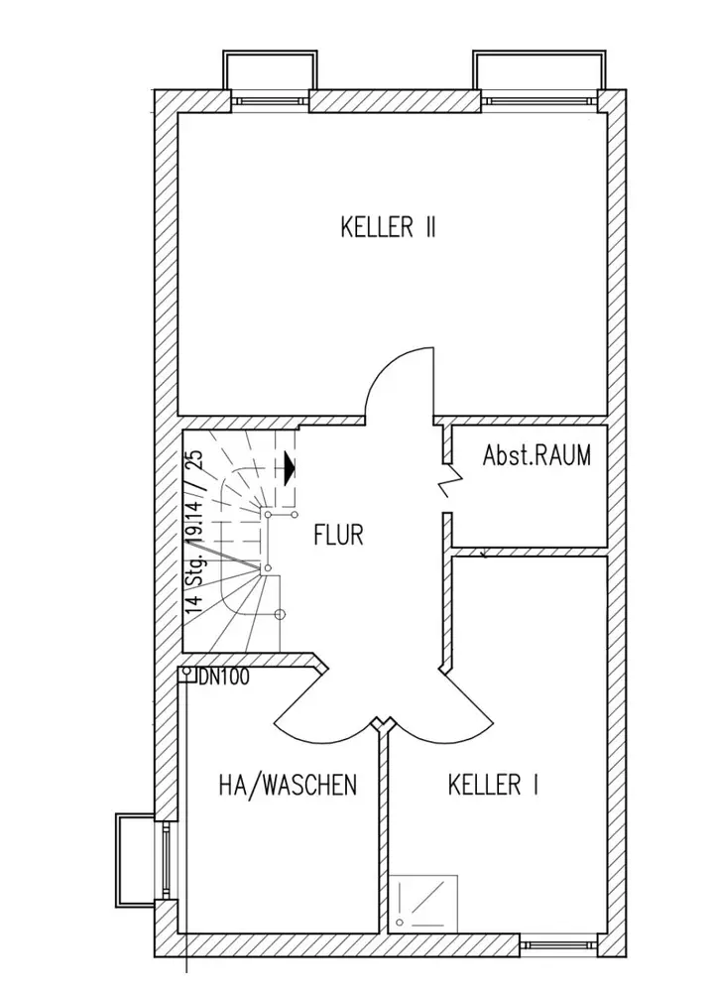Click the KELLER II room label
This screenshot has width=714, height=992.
coord(388,228)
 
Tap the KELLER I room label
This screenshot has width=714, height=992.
coord(493,786)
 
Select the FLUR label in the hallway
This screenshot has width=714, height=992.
coord(338,536)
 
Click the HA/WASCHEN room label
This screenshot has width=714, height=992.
coord(287,786)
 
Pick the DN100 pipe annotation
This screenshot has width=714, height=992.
coord(223,678)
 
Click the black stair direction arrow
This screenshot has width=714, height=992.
coord(289,466)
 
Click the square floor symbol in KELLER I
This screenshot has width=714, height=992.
coord(423,903)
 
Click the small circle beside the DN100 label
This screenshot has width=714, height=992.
coord(187,674)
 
